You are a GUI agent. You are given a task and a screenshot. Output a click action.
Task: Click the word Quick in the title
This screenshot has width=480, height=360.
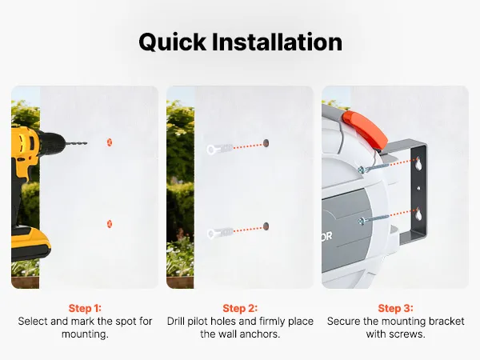click(x=172, y=42)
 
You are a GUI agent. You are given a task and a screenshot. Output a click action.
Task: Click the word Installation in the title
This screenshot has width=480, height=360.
click(x=277, y=42)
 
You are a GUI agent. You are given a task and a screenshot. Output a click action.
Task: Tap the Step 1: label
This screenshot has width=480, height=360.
click(x=85, y=308)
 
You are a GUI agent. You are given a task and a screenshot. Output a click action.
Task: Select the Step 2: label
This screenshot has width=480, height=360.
click(x=240, y=308)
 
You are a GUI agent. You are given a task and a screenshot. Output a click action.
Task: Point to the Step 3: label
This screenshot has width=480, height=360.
click(x=395, y=308)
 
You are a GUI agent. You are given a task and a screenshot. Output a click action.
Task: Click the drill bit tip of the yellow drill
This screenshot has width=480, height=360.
click(x=86, y=143)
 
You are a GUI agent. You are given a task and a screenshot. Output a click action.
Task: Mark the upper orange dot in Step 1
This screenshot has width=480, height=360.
click(x=110, y=142)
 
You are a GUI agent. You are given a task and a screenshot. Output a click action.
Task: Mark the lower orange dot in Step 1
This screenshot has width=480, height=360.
click(x=110, y=224)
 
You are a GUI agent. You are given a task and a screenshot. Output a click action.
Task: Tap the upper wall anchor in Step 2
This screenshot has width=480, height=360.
click(x=220, y=149)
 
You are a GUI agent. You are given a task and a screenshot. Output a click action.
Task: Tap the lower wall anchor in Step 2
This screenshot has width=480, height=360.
click(x=220, y=233)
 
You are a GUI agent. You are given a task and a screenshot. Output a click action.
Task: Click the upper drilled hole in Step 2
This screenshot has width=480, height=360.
click(x=266, y=143)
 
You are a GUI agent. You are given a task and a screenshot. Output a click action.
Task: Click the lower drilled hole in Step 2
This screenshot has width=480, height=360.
click(x=266, y=226)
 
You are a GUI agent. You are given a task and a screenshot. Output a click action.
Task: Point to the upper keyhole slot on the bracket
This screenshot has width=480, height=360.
click(x=418, y=163)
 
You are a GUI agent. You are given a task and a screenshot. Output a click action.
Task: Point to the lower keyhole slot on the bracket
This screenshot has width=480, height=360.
click(x=418, y=214)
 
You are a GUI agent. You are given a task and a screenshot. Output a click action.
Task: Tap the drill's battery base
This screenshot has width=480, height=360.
click(x=30, y=244)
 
